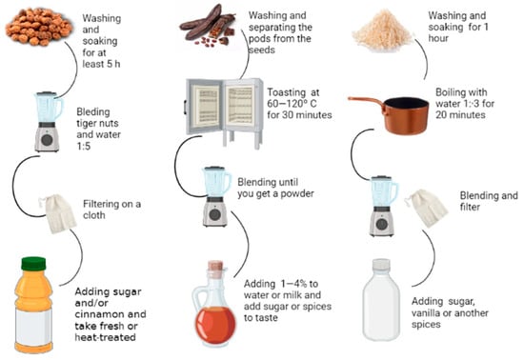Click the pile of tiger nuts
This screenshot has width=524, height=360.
(x=38, y=27)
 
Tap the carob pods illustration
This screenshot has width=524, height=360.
(x=208, y=27)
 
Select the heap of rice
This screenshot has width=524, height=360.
(x=382, y=30)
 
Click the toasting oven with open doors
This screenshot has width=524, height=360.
(x=224, y=111)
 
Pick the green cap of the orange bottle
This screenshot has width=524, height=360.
(x=33, y=264)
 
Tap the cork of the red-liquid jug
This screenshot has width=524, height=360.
(x=215, y=266)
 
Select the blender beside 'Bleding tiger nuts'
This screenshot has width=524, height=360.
(x=48, y=122)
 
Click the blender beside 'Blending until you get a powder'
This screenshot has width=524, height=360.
(x=216, y=197)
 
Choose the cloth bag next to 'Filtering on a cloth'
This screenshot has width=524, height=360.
(x=58, y=213)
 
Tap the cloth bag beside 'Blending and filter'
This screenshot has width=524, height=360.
(x=426, y=209)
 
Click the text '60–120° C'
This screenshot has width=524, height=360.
(x=292, y=104)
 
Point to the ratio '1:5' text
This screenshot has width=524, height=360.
(x=84, y=146)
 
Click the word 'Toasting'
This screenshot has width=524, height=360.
(x=287, y=92)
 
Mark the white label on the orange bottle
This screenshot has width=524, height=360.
(x=33, y=327)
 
